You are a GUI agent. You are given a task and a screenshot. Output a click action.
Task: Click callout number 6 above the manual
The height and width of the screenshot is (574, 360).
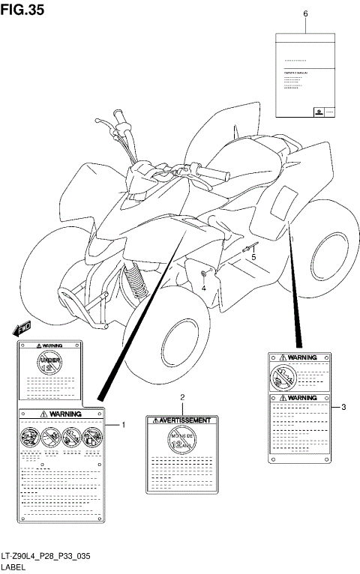click(305, 13)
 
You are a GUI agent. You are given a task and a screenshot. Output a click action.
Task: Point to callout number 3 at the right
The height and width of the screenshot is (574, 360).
click(343, 408)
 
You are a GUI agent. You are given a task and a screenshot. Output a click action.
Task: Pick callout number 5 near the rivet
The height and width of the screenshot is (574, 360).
click(253, 257)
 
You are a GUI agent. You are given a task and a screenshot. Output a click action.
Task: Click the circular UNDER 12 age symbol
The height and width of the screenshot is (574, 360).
click(49, 365)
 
